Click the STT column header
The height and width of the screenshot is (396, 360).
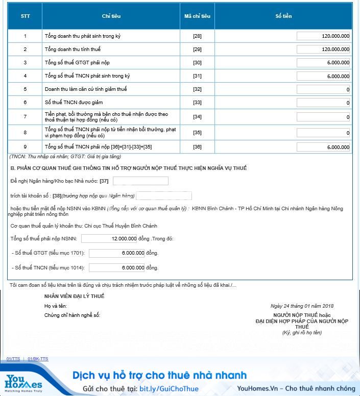(25, 16)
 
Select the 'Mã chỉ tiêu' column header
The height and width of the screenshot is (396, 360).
(197, 16)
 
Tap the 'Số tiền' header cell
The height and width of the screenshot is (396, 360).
(283, 16)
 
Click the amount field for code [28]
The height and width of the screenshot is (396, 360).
(323, 36)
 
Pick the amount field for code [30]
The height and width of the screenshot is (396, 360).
(323, 63)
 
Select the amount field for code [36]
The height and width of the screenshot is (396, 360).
(323, 147)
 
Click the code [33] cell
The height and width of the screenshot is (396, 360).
(197, 103)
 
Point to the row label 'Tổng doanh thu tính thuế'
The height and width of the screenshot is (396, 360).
(73, 49)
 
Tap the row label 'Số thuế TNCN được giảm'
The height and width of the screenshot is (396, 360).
(74, 103)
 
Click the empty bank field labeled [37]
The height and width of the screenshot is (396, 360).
(140, 181)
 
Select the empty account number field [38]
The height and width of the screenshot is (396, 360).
(164, 196)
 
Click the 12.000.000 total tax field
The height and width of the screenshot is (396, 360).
(109, 238)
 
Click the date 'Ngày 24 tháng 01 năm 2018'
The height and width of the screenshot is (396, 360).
(302, 306)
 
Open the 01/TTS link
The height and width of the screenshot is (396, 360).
(13, 359)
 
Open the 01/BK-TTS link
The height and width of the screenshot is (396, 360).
(38, 359)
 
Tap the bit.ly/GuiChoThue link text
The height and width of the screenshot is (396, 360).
(169, 389)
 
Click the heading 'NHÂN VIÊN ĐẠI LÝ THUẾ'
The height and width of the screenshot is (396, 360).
(75, 296)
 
